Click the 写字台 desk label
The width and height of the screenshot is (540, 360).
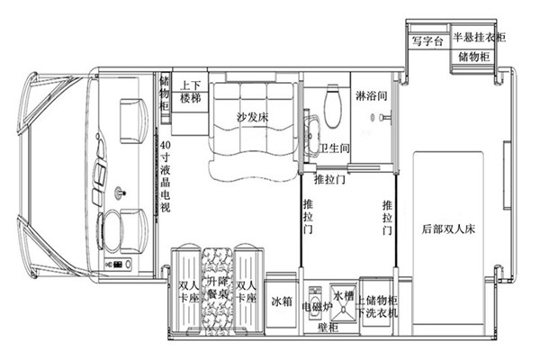pyautogui.click(x=427, y=41)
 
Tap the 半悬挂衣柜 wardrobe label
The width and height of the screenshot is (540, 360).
pyautogui.click(x=479, y=37)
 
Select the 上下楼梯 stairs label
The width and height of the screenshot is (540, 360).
pyautogui.click(x=191, y=92)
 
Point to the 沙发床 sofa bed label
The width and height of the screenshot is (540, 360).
pyautogui.click(x=252, y=118)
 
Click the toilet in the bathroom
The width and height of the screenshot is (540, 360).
pyautogui.click(x=333, y=106)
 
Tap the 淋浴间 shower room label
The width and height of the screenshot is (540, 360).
pyautogui.click(x=371, y=95)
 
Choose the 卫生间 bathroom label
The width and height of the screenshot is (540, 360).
pyautogui.click(x=335, y=148)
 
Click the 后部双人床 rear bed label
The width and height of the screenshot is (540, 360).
pyautogui.click(x=448, y=229)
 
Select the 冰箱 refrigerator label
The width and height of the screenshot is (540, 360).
pyautogui.click(x=282, y=301)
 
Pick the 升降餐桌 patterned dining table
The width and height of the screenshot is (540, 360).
pyautogui.click(x=217, y=292)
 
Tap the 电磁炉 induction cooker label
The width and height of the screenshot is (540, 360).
pyautogui.click(x=317, y=307)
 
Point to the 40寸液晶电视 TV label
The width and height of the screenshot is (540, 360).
pyautogui.click(x=166, y=176)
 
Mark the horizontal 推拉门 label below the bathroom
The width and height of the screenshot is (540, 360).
pyautogui.click(x=329, y=179)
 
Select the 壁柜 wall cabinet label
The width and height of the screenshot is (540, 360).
pyautogui.click(x=328, y=328)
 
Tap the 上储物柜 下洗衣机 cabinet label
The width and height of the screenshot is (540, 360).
pyautogui.click(x=377, y=306)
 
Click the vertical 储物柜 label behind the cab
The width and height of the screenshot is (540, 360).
pyautogui.click(x=165, y=93)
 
